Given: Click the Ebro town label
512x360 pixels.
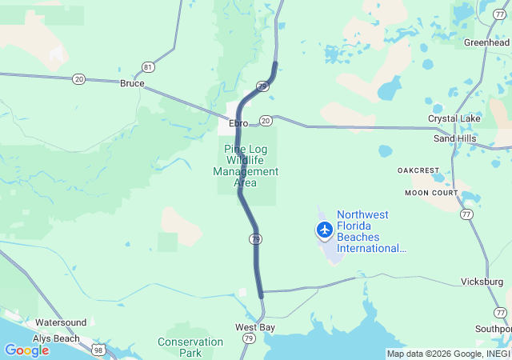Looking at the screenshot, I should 238,123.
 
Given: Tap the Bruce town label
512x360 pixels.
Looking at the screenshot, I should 132,83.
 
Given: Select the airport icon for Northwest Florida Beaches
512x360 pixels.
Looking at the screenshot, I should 324,230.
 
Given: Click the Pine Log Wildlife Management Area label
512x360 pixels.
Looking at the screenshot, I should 246,166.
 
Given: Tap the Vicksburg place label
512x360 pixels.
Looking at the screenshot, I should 482,282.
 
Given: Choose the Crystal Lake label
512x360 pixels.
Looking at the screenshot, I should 454,118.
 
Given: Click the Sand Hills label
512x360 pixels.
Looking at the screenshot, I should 454,138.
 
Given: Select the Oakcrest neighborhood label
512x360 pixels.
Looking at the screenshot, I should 418,170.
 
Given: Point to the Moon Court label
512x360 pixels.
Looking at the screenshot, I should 431,193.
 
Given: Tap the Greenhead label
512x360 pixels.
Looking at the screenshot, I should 487,42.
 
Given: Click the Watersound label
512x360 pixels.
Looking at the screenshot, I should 61,322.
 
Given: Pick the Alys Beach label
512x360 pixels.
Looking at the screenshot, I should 56,338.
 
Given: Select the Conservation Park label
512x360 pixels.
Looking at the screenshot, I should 190,347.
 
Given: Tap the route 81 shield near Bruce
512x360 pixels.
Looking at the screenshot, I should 148,66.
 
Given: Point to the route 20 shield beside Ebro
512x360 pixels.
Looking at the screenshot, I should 266,120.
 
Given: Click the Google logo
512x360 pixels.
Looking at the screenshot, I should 27,350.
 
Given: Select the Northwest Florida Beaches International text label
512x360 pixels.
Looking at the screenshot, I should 371,231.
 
